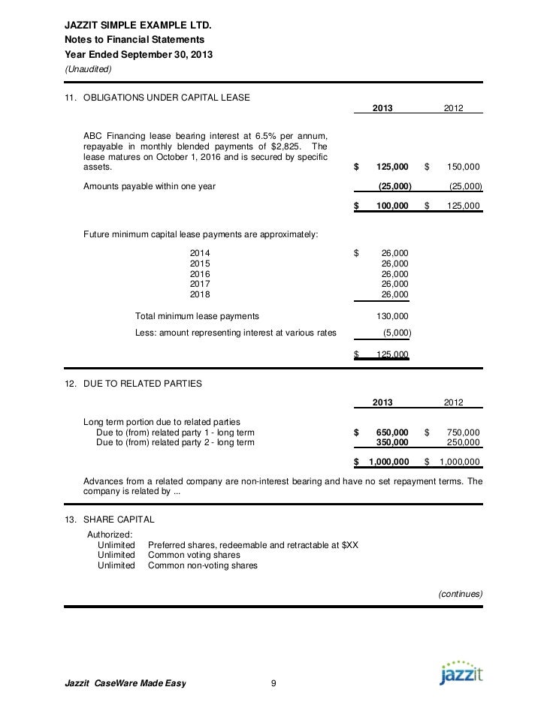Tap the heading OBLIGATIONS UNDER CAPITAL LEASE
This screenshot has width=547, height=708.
[166, 98]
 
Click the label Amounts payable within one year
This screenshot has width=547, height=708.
[149, 186]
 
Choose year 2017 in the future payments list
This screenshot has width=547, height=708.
[200, 284]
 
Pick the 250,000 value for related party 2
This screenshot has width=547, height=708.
[463, 442]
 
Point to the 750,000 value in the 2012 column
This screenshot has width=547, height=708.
[463, 432]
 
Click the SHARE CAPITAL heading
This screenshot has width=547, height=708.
[119, 519]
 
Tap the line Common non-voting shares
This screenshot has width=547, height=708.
[202, 565]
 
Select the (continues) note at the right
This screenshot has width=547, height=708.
[458, 593]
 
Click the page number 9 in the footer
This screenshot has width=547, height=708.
[273, 682]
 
